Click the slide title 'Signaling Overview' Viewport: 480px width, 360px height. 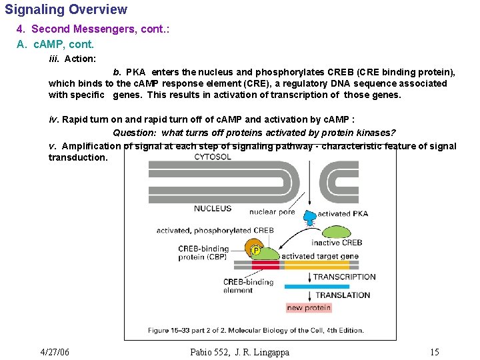(x=66, y=10)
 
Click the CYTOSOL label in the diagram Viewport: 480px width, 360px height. (x=213, y=157)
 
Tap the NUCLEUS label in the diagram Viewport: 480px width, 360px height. (x=213, y=209)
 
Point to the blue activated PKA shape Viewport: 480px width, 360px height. (x=311, y=216)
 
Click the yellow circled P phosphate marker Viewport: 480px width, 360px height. (x=256, y=251)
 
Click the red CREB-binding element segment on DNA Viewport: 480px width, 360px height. (x=265, y=265)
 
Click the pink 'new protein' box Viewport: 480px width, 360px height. (x=308, y=307)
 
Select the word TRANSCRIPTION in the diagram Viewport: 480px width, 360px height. (x=345, y=277)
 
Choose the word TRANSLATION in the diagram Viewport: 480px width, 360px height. (x=343, y=295)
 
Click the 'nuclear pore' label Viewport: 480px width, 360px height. (x=271, y=213)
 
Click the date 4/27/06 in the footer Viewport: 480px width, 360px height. (x=55, y=352)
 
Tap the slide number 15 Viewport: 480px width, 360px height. (x=434, y=352)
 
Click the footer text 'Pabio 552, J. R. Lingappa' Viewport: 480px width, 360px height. (x=239, y=352)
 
